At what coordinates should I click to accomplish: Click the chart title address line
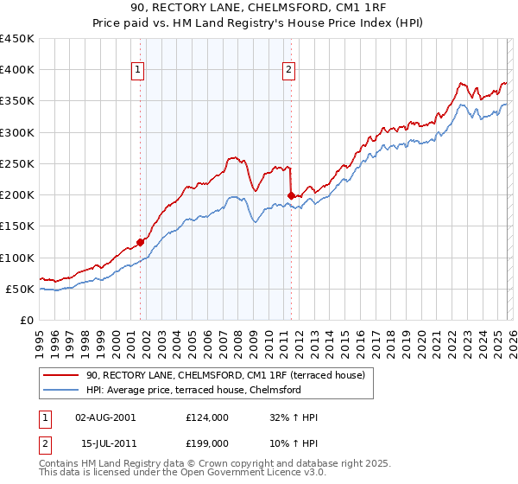259,10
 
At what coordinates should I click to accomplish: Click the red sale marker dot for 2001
140,243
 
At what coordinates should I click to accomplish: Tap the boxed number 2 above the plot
288,71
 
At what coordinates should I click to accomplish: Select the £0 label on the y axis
26,320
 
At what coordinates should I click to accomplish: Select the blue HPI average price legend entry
193,390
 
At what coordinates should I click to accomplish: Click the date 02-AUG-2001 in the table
105,417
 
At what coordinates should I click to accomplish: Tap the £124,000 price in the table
207,417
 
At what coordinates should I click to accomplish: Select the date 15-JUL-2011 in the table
105,444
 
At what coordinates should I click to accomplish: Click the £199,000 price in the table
207,444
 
